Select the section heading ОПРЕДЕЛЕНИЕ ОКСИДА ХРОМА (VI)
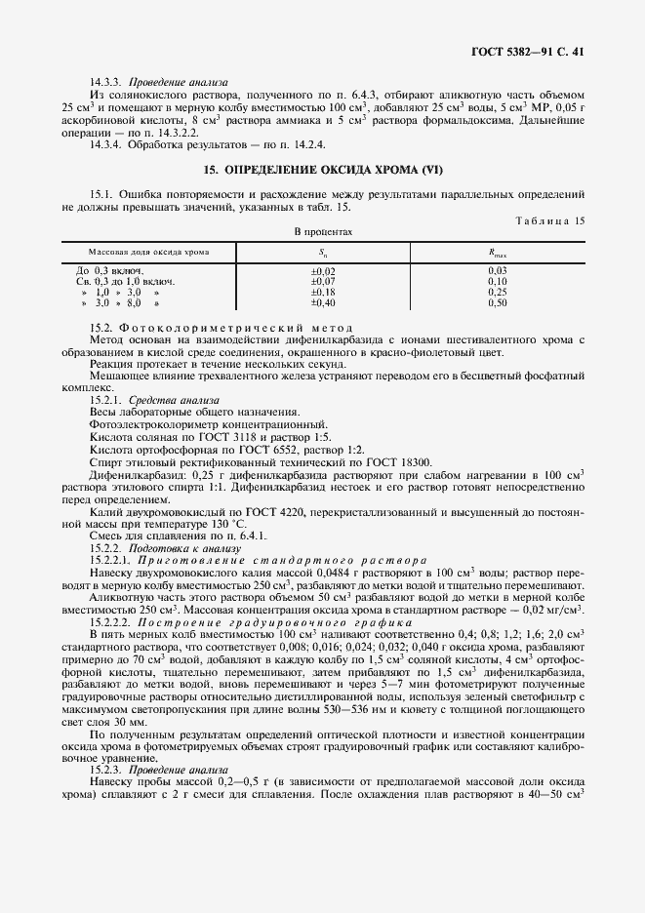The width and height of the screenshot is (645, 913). pyautogui.click(x=323, y=170)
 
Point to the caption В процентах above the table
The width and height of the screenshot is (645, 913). pyautogui.click(x=323, y=232)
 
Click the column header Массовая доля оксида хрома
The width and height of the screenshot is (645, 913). pyautogui.click(x=148, y=251)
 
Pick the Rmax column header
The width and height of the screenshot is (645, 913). pyautogui.click(x=498, y=252)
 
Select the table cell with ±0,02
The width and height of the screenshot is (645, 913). pyautogui.click(x=322, y=270)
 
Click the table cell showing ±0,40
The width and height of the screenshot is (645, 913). pyautogui.click(x=322, y=303)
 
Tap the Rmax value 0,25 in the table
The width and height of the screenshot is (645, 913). pyautogui.click(x=498, y=292)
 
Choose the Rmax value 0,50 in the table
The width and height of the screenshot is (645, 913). pyautogui.click(x=498, y=303)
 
